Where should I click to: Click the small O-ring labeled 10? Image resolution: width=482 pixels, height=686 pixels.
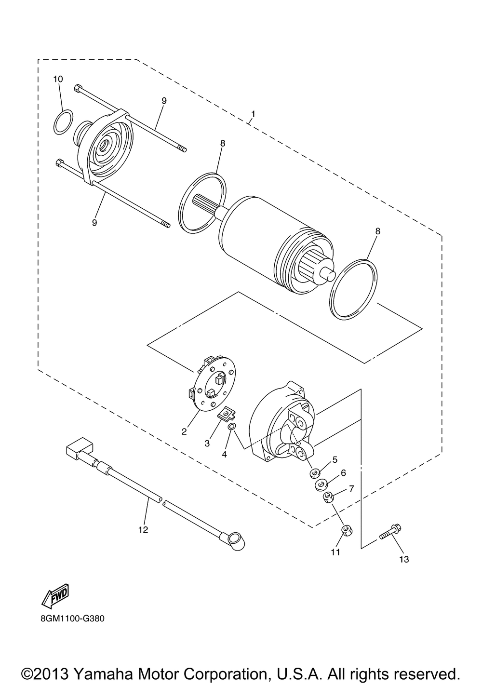pyautogui.click(x=63, y=122)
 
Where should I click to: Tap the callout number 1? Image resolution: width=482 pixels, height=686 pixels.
pyautogui.click(x=253, y=114)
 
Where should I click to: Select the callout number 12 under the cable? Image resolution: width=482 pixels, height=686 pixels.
pyautogui.click(x=143, y=530)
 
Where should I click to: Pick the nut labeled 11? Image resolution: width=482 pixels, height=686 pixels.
pyautogui.click(x=345, y=530)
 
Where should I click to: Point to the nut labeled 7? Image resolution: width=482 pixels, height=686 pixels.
pyautogui.click(x=329, y=497)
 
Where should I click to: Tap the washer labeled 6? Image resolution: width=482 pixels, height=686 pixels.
pyautogui.click(x=321, y=484)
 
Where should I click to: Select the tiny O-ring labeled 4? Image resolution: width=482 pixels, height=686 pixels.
pyautogui.click(x=232, y=427)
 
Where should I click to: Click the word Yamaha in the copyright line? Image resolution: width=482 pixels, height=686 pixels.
pyautogui.click(x=109, y=661)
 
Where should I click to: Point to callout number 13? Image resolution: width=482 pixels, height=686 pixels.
pyautogui.click(x=403, y=559)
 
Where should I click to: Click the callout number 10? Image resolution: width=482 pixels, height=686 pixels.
pyautogui.click(x=58, y=79)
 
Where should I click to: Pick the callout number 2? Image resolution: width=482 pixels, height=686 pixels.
pyautogui.click(x=184, y=431)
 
